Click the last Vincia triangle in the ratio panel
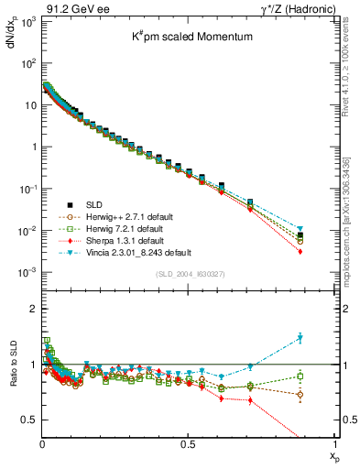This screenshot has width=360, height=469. click(x=325, y=338)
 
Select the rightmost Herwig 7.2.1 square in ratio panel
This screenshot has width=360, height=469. click(x=325, y=376)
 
